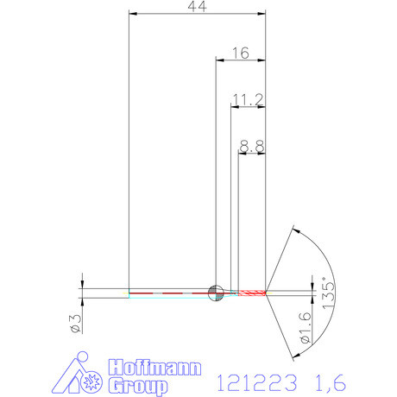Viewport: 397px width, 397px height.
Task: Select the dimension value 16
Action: point(241,54)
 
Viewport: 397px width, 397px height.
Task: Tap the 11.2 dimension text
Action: point(249,101)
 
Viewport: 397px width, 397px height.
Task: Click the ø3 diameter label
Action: point(75,323)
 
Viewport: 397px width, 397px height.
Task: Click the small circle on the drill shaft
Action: point(215,292)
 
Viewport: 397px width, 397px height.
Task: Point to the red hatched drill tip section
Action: point(251,293)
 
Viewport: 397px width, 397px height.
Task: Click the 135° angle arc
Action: point(331,259)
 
